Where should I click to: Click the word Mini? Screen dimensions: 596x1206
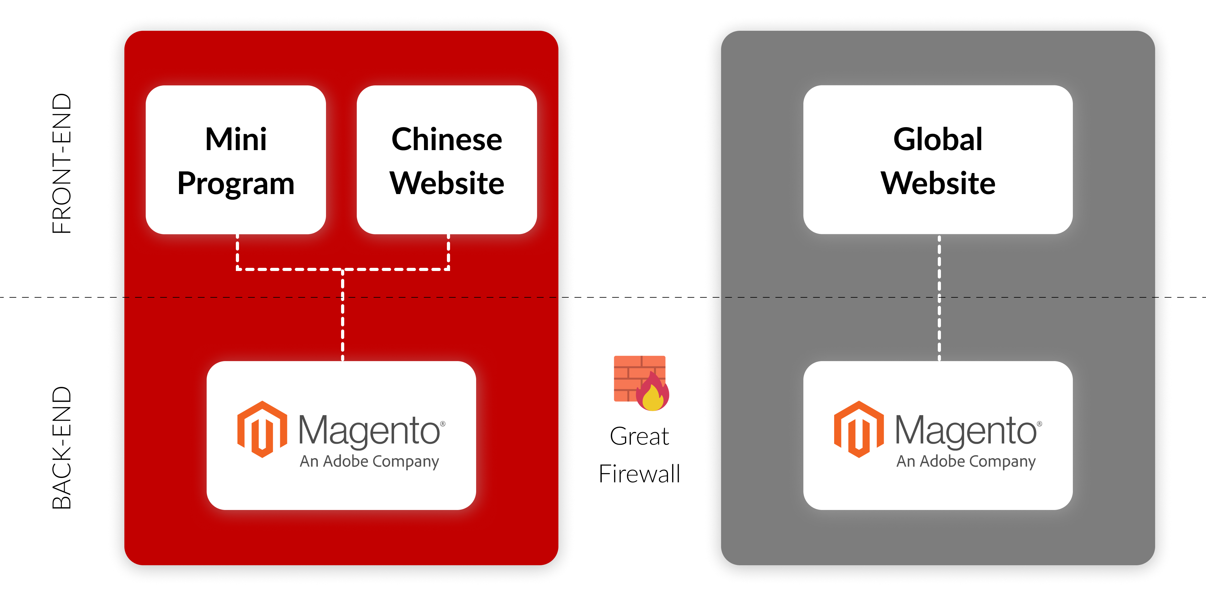click(x=236, y=139)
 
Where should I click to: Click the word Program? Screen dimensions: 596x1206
click(x=236, y=183)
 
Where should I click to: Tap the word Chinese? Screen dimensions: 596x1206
click(x=447, y=139)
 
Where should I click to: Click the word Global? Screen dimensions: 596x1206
click(x=938, y=139)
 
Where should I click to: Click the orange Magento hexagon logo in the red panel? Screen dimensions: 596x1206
click(x=262, y=429)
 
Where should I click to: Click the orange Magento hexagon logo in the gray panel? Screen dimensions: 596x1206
click(x=859, y=429)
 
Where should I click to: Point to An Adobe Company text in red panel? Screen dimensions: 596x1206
click(x=369, y=461)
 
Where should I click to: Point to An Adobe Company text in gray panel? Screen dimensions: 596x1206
click(x=966, y=461)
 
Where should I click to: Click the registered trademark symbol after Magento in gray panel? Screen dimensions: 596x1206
click(x=1039, y=424)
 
